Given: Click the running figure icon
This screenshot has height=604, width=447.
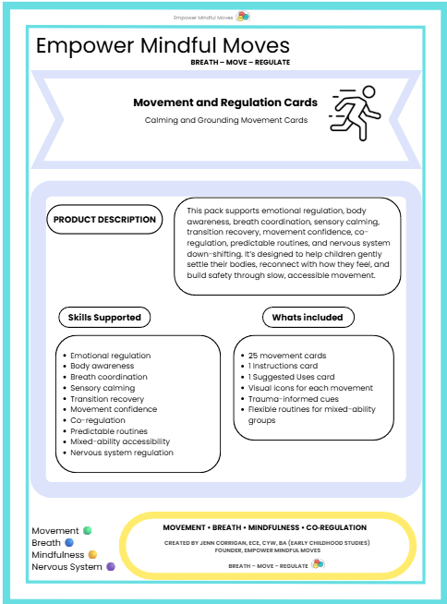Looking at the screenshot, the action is (x=356, y=113).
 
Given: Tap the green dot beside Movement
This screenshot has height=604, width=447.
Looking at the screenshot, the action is (x=88, y=530).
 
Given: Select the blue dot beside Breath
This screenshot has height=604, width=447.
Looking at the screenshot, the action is (x=69, y=542).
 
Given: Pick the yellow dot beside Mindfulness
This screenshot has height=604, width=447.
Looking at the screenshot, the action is (x=92, y=554).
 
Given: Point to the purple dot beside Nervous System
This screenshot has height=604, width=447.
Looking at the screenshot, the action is (x=111, y=567).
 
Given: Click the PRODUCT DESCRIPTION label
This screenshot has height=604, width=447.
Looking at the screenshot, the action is (x=104, y=220).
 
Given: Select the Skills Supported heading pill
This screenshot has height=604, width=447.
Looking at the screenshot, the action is (x=104, y=318).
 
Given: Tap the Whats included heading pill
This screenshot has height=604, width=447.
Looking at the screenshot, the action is (x=308, y=318).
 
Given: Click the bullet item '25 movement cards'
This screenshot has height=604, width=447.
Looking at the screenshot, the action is (x=287, y=356).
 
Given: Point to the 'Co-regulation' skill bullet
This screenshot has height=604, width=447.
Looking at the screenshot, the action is (x=98, y=420).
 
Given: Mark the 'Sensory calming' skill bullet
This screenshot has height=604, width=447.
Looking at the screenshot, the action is (x=103, y=388).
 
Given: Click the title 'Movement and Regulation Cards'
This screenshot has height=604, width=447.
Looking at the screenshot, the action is (x=225, y=103).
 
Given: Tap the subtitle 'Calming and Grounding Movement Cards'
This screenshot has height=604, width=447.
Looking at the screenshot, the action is (x=226, y=120).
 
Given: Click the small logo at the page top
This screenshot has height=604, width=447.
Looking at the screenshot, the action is (x=243, y=17).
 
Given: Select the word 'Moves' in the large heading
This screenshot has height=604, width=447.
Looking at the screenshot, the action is (x=256, y=45).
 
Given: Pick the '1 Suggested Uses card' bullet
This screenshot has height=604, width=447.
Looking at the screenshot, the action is (x=291, y=377).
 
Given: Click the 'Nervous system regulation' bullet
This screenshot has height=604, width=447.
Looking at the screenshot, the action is (x=122, y=453).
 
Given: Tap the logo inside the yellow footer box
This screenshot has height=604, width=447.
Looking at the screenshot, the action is (x=318, y=564).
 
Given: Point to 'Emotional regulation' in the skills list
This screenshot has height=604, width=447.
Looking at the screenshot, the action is (x=111, y=356).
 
